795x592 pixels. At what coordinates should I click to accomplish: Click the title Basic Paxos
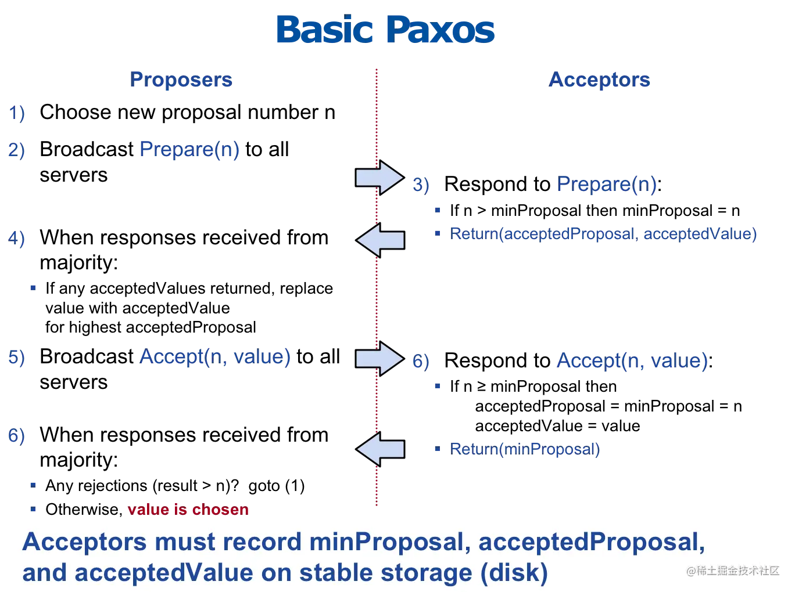[x=385, y=30]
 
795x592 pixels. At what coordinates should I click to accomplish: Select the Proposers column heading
[x=181, y=80]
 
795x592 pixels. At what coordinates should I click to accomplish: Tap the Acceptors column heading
[x=599, y=80]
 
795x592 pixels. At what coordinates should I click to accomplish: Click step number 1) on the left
[x=17, y=112]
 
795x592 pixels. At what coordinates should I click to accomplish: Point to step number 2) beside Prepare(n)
[x=16, y=150]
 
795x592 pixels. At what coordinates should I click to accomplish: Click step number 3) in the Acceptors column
[x=421, y=185]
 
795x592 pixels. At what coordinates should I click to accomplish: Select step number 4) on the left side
[x=16, y=237]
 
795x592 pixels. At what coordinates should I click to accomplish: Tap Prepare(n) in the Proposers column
[x=189, y=150]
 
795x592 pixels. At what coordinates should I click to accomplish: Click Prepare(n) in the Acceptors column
[x=606, y=185]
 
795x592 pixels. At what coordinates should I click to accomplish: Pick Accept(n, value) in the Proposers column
[x=216, y=356]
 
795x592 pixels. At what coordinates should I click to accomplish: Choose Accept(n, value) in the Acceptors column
[x=632, y=361]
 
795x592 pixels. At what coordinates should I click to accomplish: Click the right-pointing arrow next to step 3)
[x=379, y=177]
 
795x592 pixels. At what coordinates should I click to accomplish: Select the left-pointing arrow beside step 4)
[x=380, y=239]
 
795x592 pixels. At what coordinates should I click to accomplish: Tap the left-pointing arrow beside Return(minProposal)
[x=380, y=449]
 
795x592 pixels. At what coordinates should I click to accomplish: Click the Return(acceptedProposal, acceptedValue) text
[x=604, y=233]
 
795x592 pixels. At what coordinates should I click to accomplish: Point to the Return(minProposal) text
[x=525, y=449]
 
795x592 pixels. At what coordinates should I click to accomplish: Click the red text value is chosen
[x=188, y=510]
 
